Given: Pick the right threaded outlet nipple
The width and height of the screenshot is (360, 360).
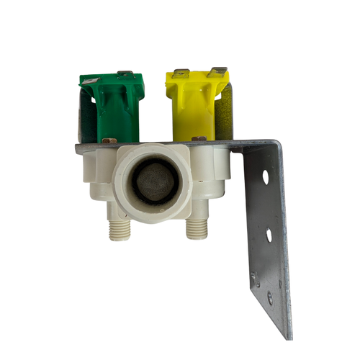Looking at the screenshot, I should tap(197, 228).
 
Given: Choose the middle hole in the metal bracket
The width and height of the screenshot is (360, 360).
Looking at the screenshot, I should tap(268, 235).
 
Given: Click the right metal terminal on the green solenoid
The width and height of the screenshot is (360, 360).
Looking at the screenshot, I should tap(124, 73).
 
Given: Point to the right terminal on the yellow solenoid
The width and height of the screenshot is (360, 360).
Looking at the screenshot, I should tap(217, 71).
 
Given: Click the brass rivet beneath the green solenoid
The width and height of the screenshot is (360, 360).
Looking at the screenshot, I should tap(109, 140).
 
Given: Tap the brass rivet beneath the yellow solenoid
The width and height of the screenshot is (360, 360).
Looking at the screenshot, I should tap(199, 138).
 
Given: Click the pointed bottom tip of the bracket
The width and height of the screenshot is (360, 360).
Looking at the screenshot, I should tap(289, 336).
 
